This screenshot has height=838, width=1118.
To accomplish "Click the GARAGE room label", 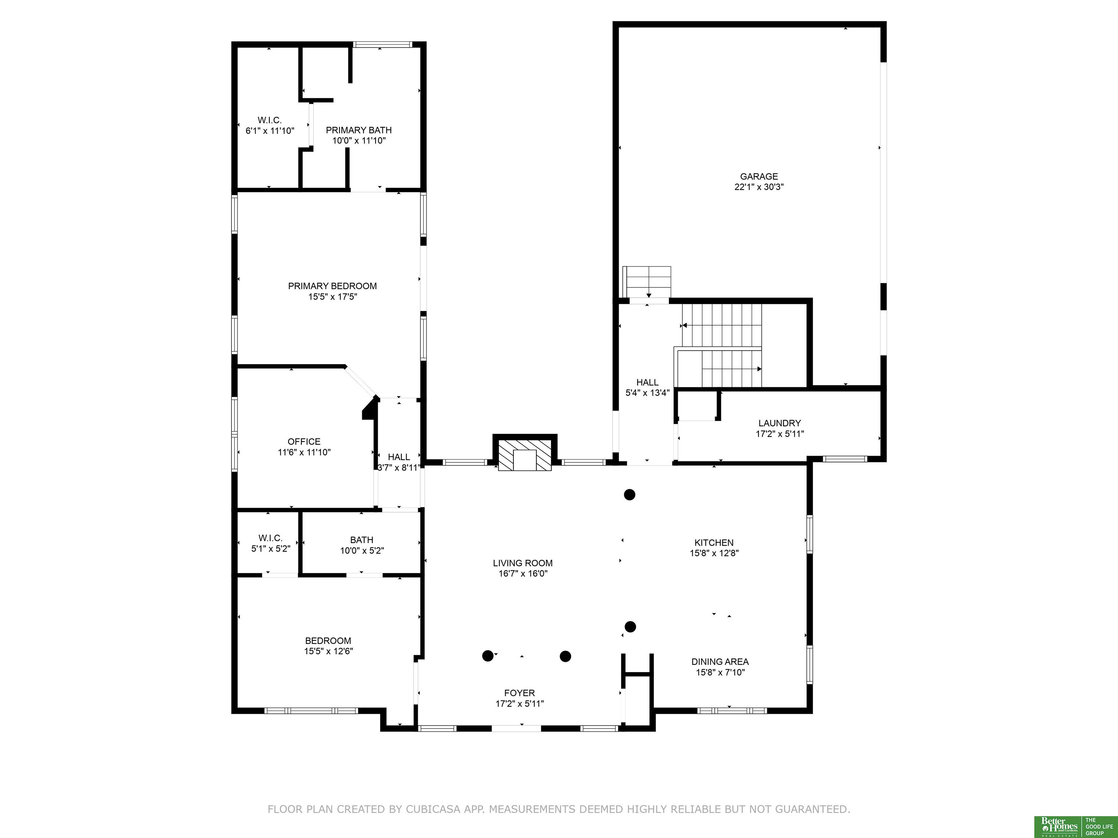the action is tap(759, 177).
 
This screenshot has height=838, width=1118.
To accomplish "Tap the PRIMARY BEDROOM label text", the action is tap(333, 286).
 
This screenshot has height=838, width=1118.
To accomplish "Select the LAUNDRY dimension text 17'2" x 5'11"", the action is tap(780, 434).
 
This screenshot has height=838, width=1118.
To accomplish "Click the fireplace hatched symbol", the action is tap(525, 455).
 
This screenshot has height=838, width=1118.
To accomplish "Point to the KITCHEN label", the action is tap(714, 543).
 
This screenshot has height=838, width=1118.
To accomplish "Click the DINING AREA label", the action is tap(720, 662).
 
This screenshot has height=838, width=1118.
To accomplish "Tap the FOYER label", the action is tap(520, 693).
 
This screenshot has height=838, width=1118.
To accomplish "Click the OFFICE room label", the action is tap(304, 442).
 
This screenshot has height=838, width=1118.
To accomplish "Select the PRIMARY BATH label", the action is tap(359, 130).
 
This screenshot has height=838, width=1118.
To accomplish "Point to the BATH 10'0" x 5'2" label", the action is tap(362, 546).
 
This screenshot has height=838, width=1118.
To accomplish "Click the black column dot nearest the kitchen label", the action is tap(629, 495).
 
